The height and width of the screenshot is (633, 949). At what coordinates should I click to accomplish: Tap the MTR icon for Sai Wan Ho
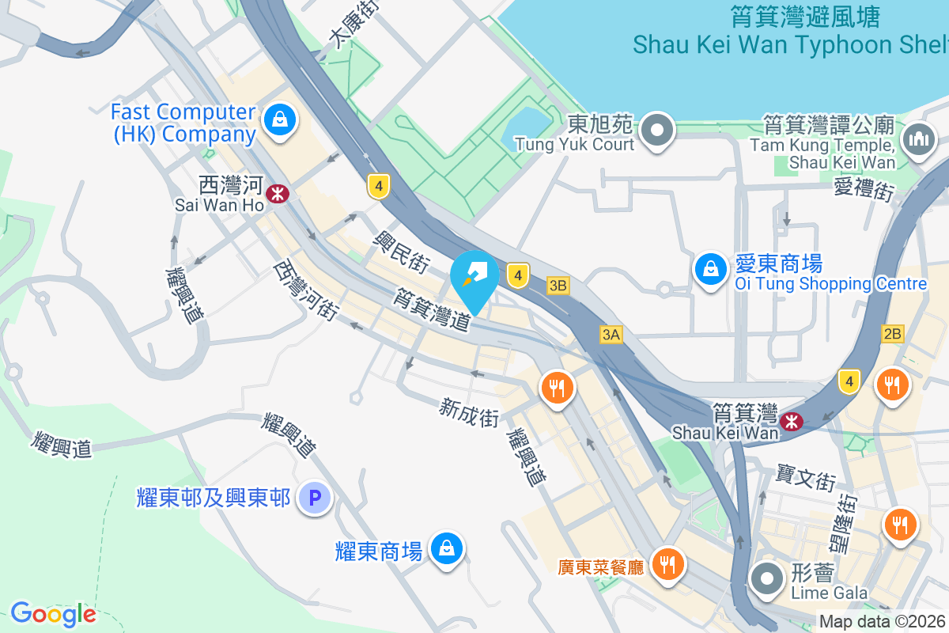pos(277,193)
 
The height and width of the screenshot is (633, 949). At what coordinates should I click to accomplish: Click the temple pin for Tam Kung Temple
pos(918,140)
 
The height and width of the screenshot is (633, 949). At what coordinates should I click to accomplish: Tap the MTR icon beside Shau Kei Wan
pos(790,422)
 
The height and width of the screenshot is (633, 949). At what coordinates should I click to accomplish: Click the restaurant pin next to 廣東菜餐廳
pos(669,564)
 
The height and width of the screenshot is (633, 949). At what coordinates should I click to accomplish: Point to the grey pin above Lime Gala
pos(766,578)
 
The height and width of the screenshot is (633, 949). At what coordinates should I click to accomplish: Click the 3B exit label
pos(558,285)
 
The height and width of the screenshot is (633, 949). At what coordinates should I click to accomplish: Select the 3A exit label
pos(611,335)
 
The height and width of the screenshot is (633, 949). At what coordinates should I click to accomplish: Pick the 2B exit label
pos(892,334)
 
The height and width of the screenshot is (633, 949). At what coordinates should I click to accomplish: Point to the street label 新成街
pos(470,412)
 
